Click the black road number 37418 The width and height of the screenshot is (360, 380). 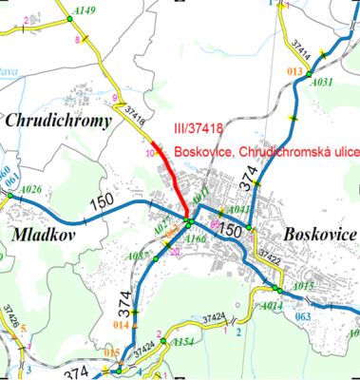(129, 115)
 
